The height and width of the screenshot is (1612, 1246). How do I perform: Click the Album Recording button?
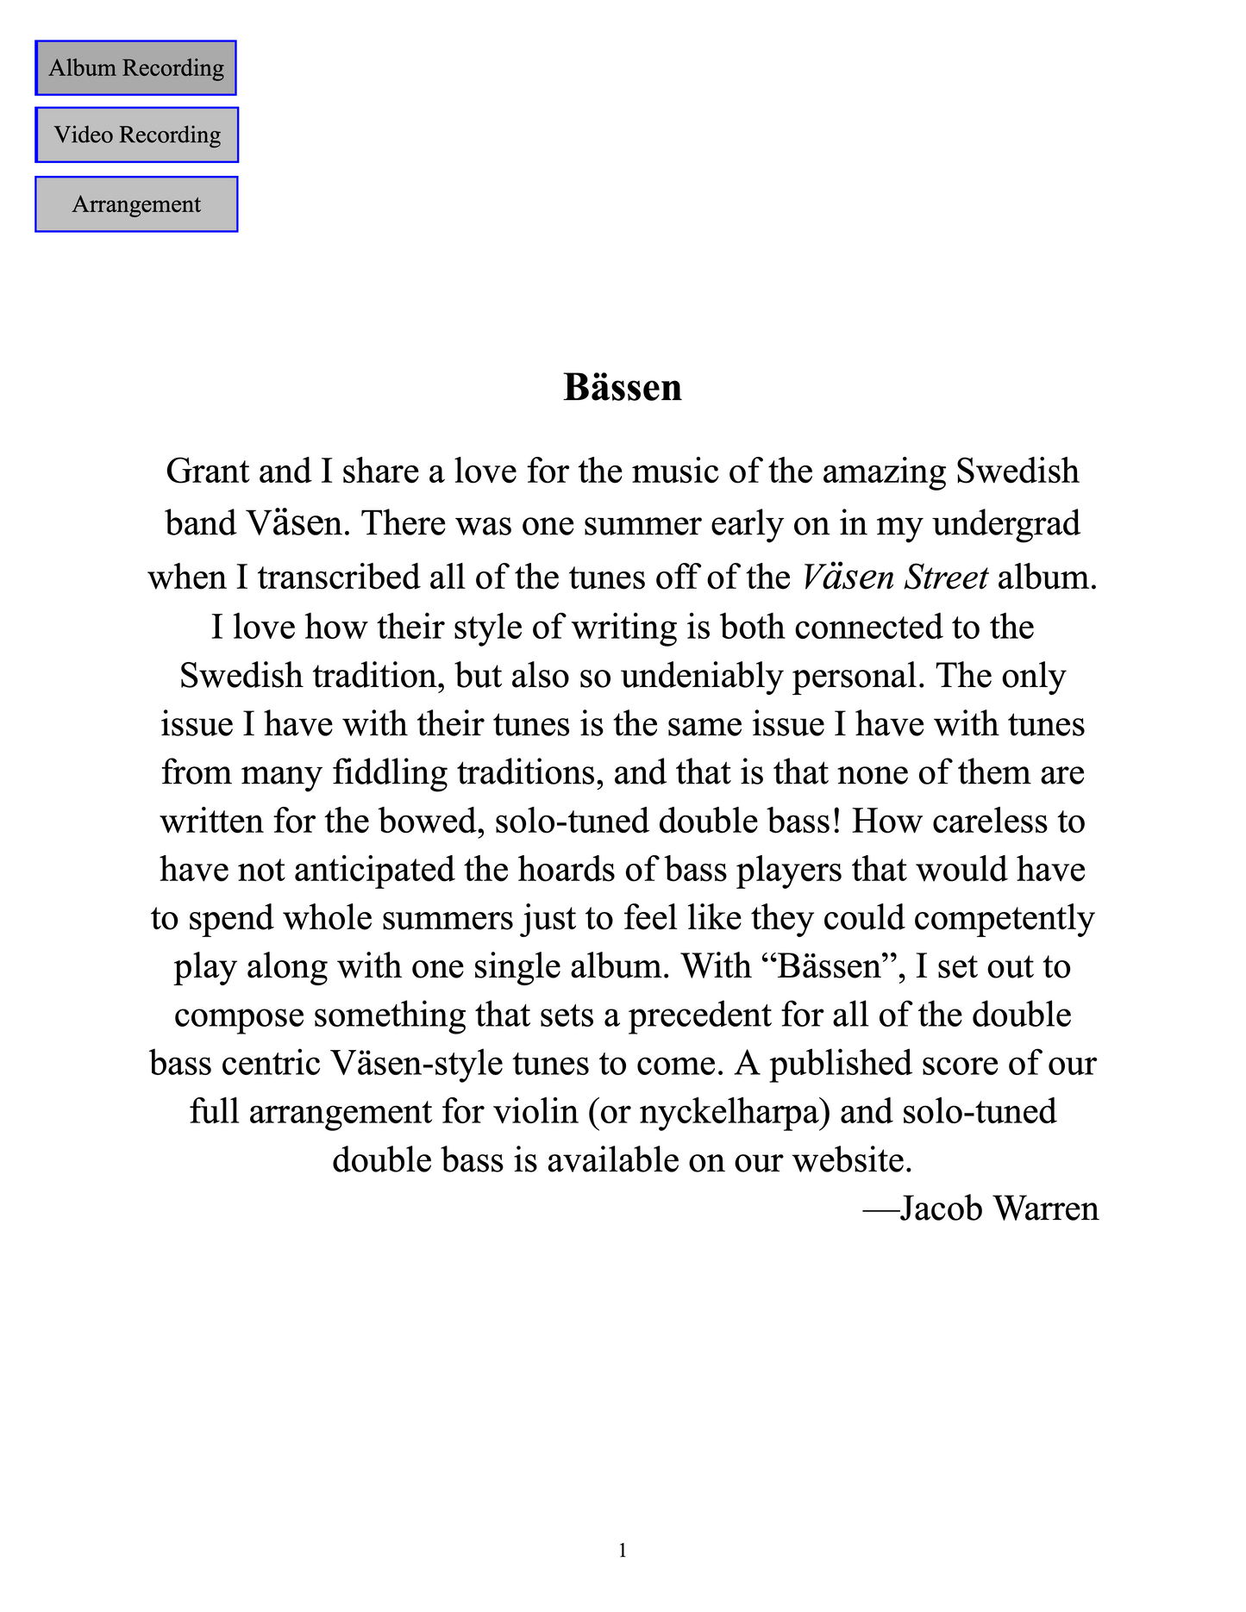coord(136,68)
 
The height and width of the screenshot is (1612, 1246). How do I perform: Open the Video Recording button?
coord(137,135)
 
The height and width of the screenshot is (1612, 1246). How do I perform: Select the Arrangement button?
coord(136,204)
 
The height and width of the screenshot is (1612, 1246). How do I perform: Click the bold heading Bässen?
coord(623,388)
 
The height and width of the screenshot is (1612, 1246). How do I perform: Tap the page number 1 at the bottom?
coord(623,1551)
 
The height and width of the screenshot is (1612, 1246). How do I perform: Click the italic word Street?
coord(945,577)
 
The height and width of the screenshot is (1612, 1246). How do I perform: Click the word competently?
coord(1004,918)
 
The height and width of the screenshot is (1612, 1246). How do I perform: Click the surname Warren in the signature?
coord(1046,1209)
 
